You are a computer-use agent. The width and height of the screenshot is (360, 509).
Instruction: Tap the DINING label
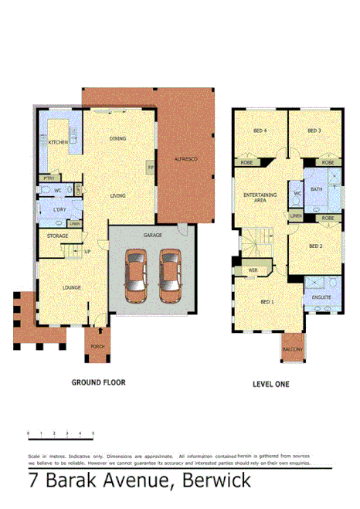point(117,139)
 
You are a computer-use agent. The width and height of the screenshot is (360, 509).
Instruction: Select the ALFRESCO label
point(185,158)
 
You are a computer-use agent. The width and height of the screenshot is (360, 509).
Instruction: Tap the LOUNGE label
point(72,287)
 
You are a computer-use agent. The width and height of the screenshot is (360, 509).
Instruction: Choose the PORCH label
point(98,347)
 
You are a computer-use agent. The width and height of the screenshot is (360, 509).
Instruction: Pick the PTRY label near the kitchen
point(48,178)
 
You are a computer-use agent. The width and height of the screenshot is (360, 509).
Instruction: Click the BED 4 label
point(260,131)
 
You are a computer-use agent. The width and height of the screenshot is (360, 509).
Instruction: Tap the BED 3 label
point(314,131)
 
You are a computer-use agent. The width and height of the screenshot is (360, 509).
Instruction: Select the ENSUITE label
point(321,296)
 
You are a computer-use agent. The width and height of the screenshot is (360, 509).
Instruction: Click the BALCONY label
point(292,350)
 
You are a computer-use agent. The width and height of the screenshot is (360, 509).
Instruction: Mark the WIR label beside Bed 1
point(253,270)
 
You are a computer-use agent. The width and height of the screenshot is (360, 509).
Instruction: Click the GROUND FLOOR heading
point(98,382)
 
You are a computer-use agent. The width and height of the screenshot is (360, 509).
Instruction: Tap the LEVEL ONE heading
point(270,382)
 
